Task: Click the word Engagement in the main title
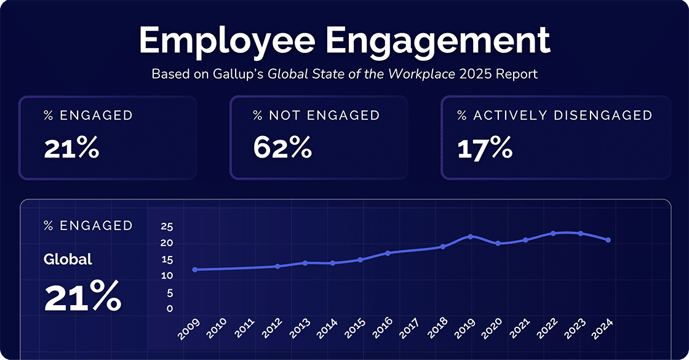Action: (438, 41)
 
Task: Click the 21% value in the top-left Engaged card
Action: (71, 149)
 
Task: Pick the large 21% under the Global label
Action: (82, 297)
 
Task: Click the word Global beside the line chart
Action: (68, 260)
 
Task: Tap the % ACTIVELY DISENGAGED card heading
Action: (554, 115)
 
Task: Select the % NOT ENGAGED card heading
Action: (316, 115)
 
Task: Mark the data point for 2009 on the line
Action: (195, 270)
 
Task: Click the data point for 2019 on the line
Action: (471, 236)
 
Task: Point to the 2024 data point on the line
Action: (608, 240)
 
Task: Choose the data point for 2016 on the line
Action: (388, 253)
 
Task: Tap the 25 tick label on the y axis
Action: (167, 226)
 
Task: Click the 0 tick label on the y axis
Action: (170, 309)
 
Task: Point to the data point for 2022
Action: (553, 233)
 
